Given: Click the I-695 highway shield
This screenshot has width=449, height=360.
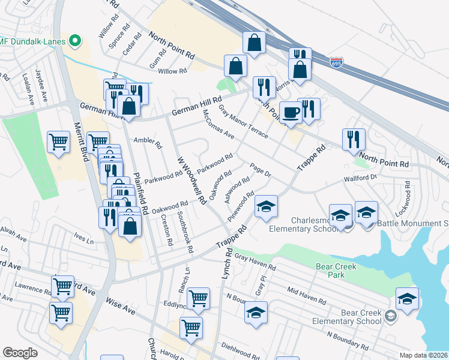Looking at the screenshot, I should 337,62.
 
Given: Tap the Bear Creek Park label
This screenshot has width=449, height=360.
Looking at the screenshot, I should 336,271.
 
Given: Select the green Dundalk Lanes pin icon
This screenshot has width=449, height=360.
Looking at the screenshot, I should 75,41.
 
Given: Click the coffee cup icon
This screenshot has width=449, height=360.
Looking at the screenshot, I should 291,113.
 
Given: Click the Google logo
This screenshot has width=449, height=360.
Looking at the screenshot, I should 20,352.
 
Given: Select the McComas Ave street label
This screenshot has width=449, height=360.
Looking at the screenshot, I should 218,125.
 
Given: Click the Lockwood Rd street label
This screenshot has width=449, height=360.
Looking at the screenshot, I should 408,203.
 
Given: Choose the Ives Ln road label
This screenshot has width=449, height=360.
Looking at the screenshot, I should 83,241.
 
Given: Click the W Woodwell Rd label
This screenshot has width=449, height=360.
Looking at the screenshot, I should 191,178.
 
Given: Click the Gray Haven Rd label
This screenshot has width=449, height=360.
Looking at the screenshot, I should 255,262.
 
